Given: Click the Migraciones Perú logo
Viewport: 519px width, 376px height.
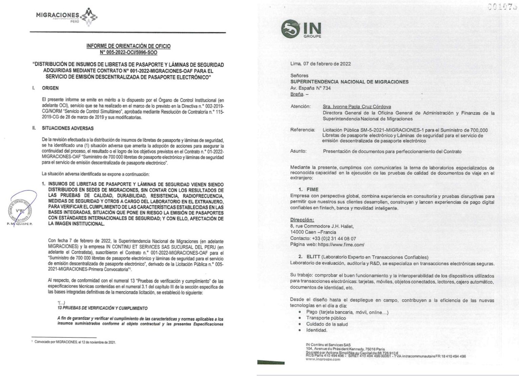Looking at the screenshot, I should coord(66,16).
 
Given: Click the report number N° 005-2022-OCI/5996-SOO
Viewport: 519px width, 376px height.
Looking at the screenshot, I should coord(128,53).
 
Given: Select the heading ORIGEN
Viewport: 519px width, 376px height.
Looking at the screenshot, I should coord(50,88).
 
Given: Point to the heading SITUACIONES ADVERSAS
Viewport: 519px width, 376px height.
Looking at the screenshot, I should coord(68,128).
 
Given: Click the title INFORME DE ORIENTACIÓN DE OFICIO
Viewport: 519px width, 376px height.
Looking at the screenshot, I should coord(128,46).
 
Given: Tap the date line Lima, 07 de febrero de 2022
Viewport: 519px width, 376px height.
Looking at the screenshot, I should coord(320,64).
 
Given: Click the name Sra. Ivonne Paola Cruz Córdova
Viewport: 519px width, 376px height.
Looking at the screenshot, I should coord(357,106).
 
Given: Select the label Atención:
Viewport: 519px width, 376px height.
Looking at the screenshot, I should coord(300,106).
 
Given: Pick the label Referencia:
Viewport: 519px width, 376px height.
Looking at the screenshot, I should coord(302,130).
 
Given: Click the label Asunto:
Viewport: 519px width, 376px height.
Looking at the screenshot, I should coord(298,151).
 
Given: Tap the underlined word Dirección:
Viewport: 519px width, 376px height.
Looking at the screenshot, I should coord(302,220).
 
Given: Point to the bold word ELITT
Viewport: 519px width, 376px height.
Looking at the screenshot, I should coord(313,257).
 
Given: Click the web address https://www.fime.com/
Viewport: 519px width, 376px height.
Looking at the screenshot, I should coord(341,245).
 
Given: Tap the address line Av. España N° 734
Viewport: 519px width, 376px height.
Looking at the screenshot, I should coord(310,88).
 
